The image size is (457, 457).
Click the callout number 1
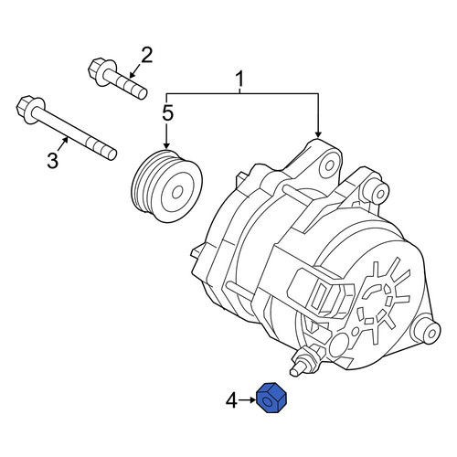coord(240,80)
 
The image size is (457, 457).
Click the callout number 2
coord(146,55)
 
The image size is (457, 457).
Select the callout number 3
coord(52,161)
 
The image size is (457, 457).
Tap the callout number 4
coord(231,400)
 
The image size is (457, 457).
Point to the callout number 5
coord(168,112)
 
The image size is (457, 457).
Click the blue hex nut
coord(272,399)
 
